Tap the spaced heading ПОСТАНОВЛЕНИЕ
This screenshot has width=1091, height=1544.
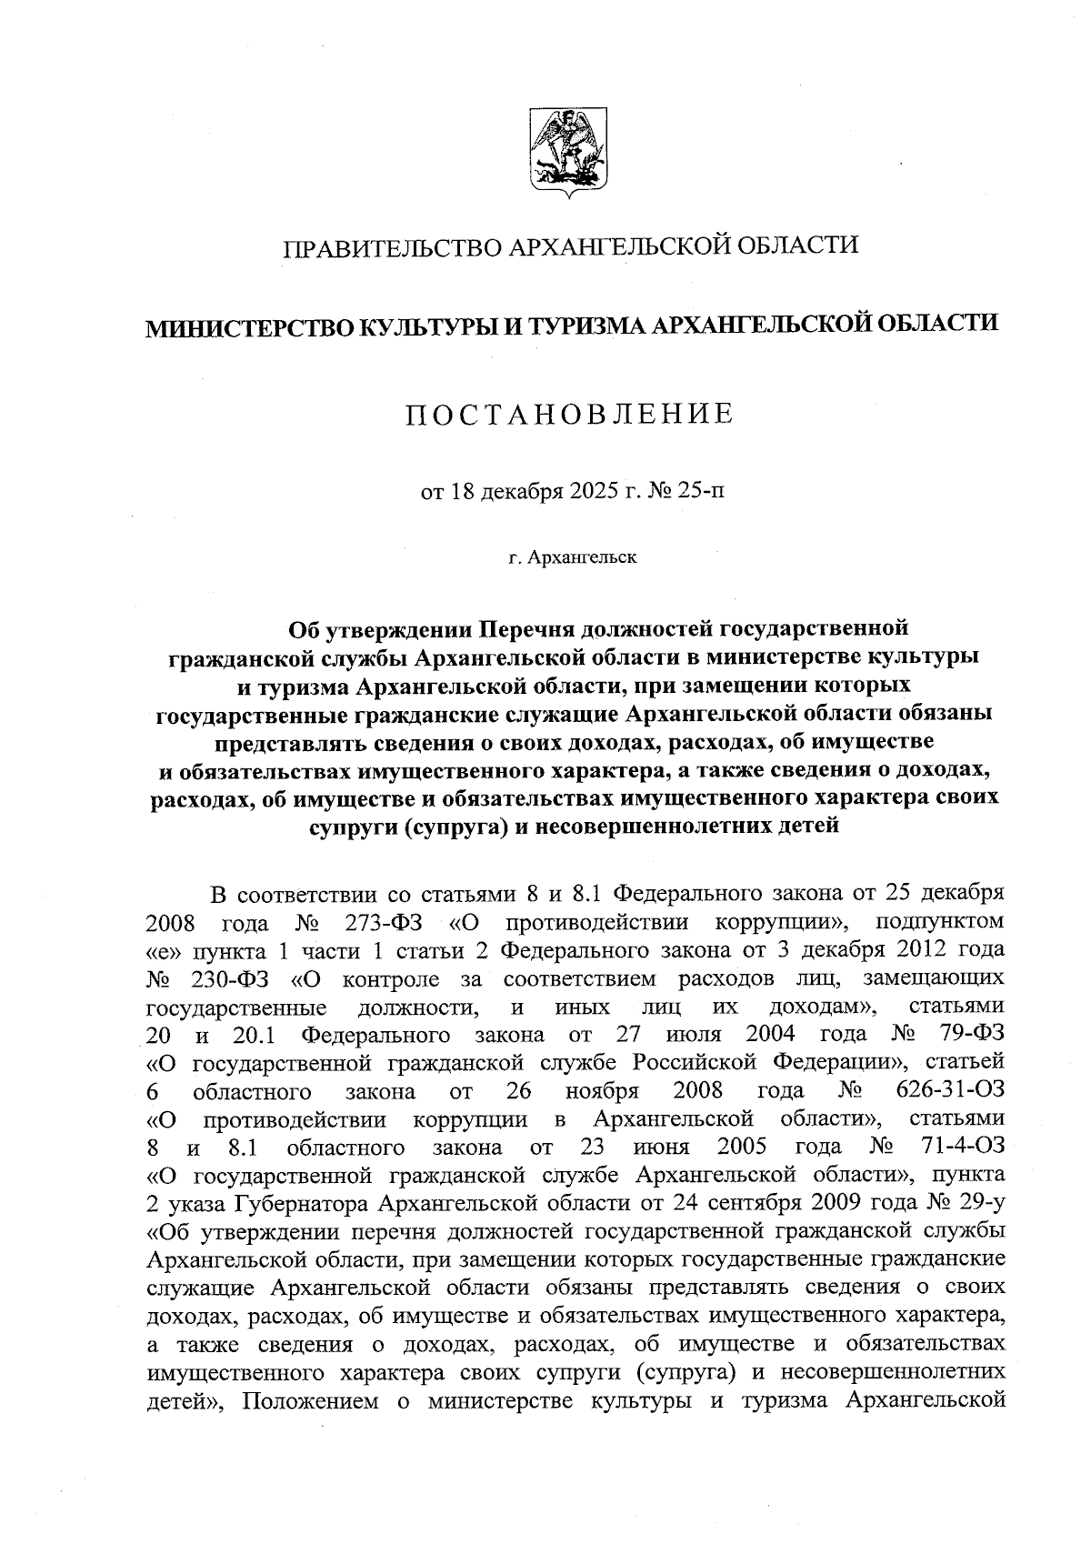[569, 415]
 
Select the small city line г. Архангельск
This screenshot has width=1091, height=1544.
[573, 556]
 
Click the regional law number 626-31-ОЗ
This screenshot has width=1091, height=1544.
[950, 1090]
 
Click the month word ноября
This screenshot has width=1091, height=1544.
[602, 1090]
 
